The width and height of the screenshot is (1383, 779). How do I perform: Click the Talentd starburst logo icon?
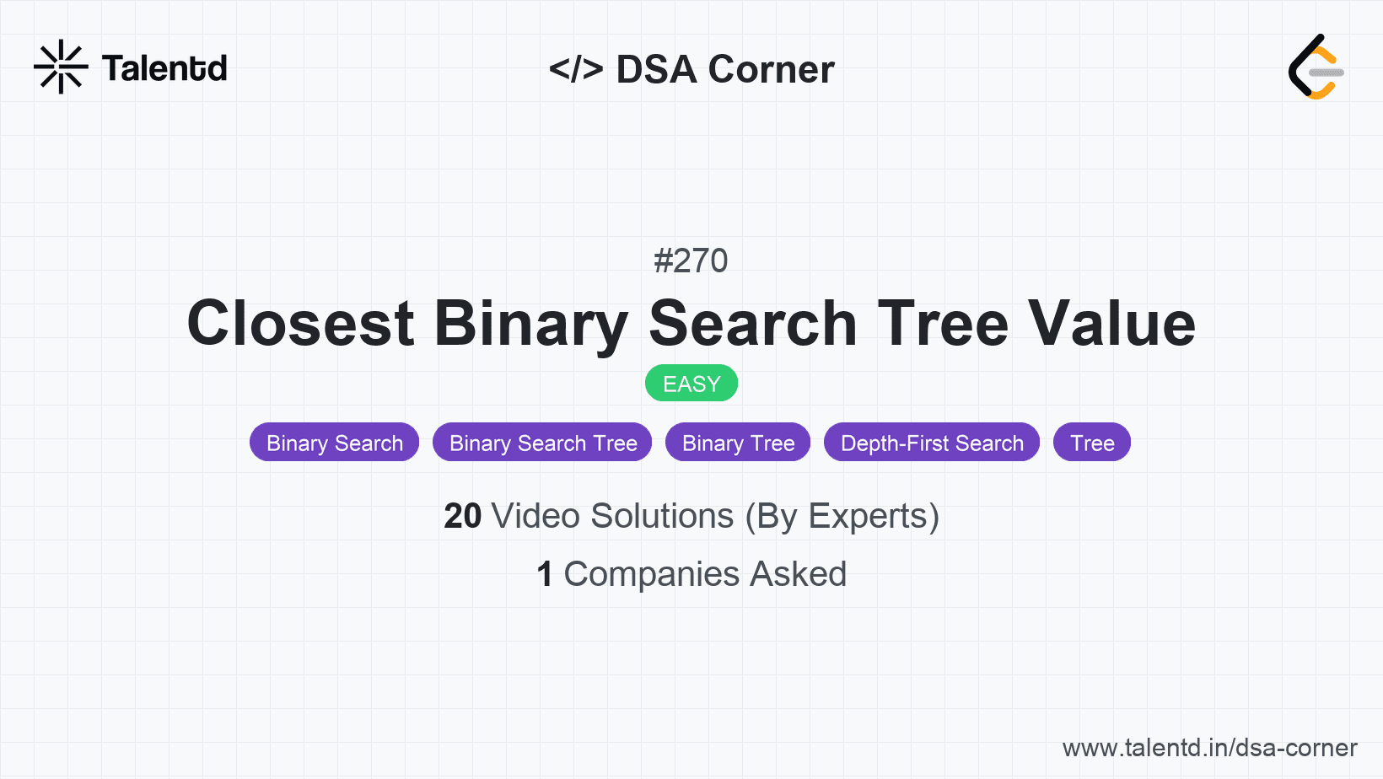pyautogui.click(x=61, y=67)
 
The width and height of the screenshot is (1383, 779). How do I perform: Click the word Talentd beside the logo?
pyautogui.click(x=164, y=68)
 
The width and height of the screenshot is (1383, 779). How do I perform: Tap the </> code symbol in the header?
pyautogui.click(x=576, y=69)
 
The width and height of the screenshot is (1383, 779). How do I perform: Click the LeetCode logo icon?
pyautogui.click(x=1316, y=67)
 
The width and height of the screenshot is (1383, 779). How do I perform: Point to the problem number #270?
pyautogui.click(x=691, y=261)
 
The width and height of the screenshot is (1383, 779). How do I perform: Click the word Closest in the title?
pyautogui.click(x=300, y=323)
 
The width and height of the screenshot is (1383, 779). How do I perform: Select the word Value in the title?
pyautogui.click(x=1111, y=323)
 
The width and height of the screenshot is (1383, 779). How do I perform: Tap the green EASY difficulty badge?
pyautogui.click(x=691, y=384)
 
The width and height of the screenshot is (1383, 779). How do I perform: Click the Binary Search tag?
pyautogui.click(x=335, y=443)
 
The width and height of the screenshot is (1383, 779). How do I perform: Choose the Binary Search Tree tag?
pyautogui.click(x=543, y=443)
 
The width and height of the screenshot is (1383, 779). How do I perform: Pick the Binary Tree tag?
pyautogui.click(x=738, y=443)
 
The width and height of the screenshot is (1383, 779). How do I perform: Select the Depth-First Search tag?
pyautogui.click(x=932, y=443)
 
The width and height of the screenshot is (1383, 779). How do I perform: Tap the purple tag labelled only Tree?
pyautogui.click(x=1092, y=443)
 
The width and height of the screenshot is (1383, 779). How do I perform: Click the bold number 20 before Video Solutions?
pyautogui.click(x=462, y=516)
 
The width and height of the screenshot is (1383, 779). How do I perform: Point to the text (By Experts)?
pyautogui.click(x=842, y=516)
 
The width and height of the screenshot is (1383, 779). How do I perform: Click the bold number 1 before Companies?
pyautogui.click(x=545, y=574)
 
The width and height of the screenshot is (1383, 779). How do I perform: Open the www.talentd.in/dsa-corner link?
pyautogui.click(x=1209, y=748)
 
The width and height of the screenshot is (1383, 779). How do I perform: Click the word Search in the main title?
pyautogui.click(x=752, y=323)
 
